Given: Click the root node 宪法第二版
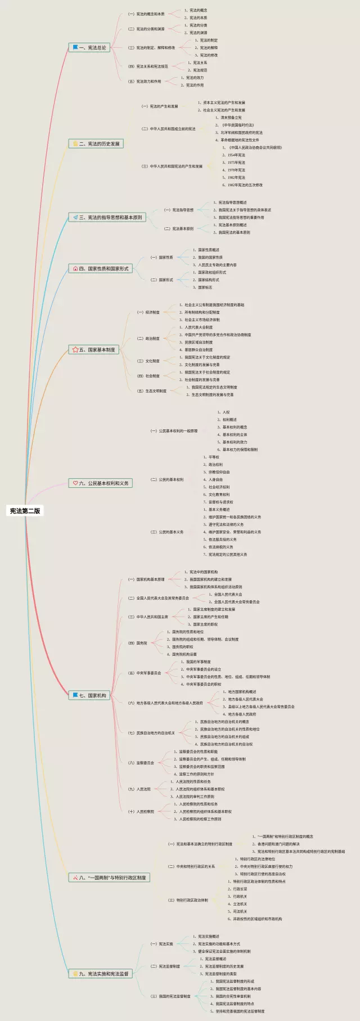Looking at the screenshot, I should pos(25,511).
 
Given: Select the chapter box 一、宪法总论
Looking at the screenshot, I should pos(89,48).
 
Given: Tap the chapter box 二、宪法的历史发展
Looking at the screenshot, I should pos(96,144).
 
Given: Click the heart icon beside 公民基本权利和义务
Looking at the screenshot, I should pos(75,483).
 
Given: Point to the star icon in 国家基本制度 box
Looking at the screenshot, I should pos(75,350).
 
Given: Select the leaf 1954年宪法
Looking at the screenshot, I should pos(236,155).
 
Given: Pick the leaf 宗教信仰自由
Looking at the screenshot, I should pos(219,472).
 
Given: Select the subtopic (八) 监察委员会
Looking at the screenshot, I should pos(141,763).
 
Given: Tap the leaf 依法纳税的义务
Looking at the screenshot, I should pos(220,547).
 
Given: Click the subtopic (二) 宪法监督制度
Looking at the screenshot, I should pos(165,966).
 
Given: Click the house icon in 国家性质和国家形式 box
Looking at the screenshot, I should pos(75,269).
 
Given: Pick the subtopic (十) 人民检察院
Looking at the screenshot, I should pos(141,812).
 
